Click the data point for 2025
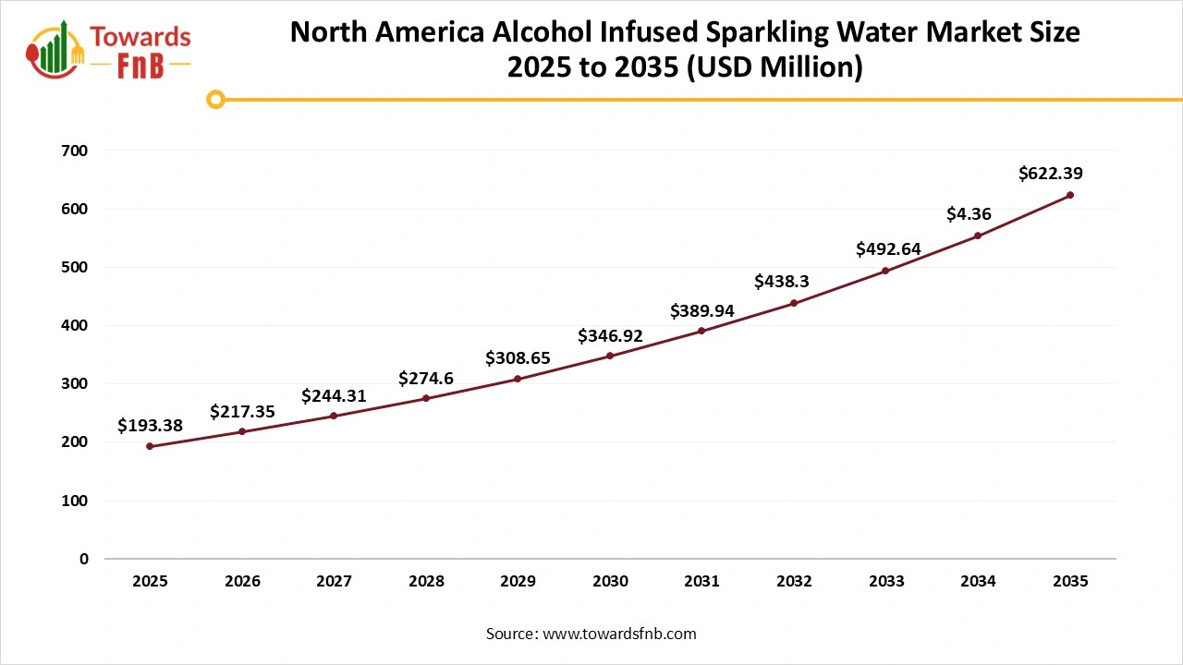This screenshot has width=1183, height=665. pyautogui.click(x=150, y=446)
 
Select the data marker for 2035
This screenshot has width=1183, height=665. pyautogui.click(x=1070, y=195)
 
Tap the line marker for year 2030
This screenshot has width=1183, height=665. pyautogui.click(x=610, y=356)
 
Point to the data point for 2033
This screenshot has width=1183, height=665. pyautogui.click(x=885, y=271)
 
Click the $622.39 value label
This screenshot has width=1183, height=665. pyautogui.click(x=1051, y=173)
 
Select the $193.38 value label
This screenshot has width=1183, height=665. pyautogui.click(x=150, y=425)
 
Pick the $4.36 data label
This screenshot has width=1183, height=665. pyautogui.click(x=969, y=214)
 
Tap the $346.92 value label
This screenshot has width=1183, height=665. pyautogui.click(x=610, y=335)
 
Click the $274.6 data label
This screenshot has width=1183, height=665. pyautogui.click(x=426, y=378)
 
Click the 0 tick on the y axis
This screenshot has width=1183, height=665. pyautogui.click(x=84, y=559)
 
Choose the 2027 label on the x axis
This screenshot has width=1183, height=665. pyautogui.click(x=334, y=582)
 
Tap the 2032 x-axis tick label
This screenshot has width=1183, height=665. pyautogui.click(x=794, y=582)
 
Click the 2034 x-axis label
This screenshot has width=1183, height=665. pyautogui.click(x=978, y=582)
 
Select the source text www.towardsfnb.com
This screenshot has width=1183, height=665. pyautogui.click(x=619, y=634)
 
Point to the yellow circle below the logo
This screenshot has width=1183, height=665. pyautogui.click(x=215, y=99)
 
